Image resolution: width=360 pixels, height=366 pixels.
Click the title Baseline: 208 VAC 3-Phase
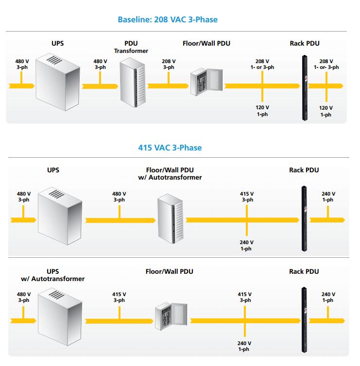point(168,20)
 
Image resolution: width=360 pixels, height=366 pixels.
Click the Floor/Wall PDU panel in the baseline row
point(206,80)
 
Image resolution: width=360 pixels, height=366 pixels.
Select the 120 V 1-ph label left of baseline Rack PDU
point(262,111)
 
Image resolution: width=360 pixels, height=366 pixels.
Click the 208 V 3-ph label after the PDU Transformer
point(169,65)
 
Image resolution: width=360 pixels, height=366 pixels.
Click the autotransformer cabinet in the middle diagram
point(170,220)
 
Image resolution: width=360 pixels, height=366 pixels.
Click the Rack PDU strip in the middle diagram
point(304,218)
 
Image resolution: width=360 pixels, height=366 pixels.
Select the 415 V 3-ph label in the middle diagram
point(247,197)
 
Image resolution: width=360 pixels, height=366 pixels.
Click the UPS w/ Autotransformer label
point(52,275)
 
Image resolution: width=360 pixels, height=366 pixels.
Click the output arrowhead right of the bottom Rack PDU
point(343,321)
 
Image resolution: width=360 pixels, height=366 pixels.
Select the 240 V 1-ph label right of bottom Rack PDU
point(328,297)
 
